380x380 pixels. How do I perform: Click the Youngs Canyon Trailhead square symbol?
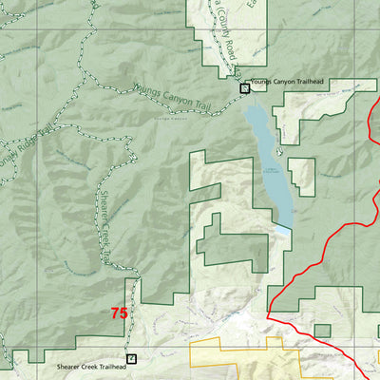244,88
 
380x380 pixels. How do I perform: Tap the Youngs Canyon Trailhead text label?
289,83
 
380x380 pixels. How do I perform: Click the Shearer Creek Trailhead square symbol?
131,359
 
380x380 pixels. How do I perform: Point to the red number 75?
119,313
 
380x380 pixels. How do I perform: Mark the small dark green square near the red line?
322,331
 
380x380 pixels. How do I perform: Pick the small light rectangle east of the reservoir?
302,172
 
